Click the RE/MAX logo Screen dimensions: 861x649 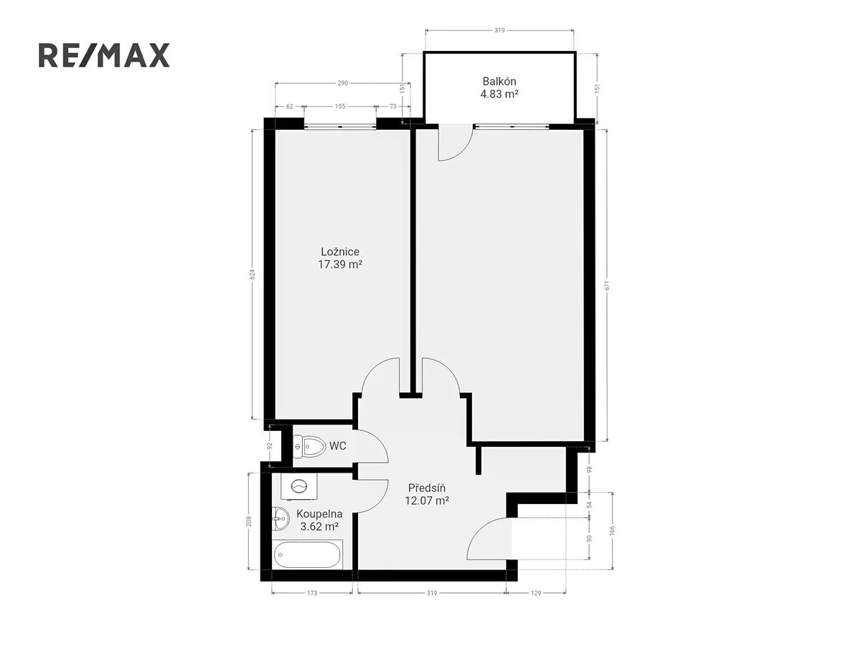[104, 55]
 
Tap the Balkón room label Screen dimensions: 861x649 [499, 87]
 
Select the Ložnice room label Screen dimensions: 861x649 [339, 258]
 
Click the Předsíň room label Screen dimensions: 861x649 [427, 494]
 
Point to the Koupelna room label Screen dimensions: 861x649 [319, 520]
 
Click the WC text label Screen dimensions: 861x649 [338, 446]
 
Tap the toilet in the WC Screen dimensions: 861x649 [310, 446]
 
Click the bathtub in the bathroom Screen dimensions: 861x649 [308, 554]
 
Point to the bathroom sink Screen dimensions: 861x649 [281, 519]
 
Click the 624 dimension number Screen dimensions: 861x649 [253, 274]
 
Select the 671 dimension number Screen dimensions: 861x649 [607, 285]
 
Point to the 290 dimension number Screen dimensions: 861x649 [343, 83]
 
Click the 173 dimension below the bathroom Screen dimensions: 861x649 [312, 593]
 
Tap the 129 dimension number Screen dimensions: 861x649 [536, 593]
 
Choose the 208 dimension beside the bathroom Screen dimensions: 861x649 [250, 521]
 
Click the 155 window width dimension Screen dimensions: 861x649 [340, 106]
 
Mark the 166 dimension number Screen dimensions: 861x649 [612, 531]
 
